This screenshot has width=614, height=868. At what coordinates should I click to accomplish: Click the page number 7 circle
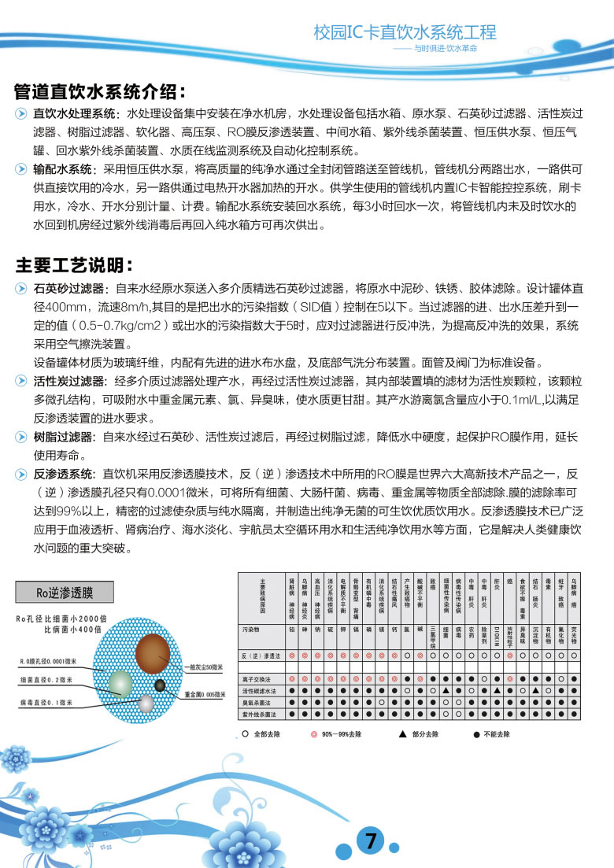(x=370, y=841)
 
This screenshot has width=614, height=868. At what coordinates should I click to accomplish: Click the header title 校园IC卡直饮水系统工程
(x=405, y=32)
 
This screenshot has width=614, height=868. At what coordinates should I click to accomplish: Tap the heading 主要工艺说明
(x=75, y=264)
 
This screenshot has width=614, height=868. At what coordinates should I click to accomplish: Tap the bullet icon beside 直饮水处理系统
(x=21, y=114)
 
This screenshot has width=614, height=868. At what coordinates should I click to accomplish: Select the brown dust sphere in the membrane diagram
(x=153, y=653)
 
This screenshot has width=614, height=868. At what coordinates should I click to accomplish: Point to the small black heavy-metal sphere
(x=161, y=685)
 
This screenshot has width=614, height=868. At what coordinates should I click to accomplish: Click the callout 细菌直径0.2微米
(x=46, y=679)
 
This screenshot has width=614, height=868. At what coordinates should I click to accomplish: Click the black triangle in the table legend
(x=402, y=733)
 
